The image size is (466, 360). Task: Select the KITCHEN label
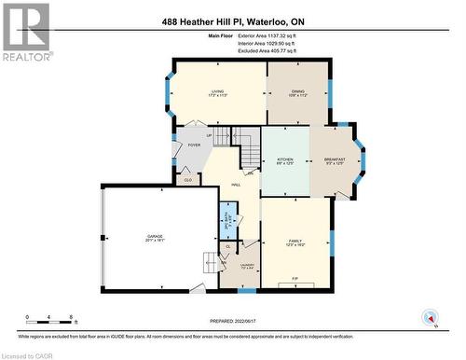pyautogui.click(x=285, y=160)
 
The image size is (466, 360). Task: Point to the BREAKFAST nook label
pyautogui.click(x=335, y=160)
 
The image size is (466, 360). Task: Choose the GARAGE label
pyautogui.click(x=155, y=238)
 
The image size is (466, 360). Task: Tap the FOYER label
pyautogui.click(x=194, y=145)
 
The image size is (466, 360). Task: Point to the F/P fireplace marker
pyautogui.click(x=295, y=279)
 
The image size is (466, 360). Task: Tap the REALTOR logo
pyautogui.click(x=25, y=32)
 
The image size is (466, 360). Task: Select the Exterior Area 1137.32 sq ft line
pyautogui.click(x=265, y=35)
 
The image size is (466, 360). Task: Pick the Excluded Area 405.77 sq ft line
pyautogui.click(x=265, y=50)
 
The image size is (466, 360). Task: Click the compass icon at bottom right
pyautogui.click(x=430, y=318)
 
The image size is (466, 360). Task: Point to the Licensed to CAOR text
pyautogui.click(x=27, y=354)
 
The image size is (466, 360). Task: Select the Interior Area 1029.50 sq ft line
pyautogui.click(x=265, y=43)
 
